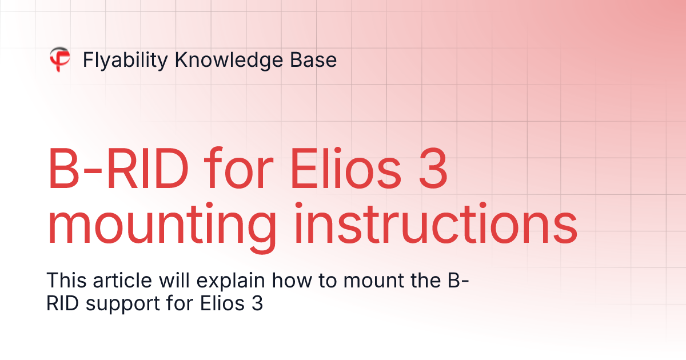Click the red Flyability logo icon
point(59,59)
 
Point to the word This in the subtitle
point(64,281)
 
